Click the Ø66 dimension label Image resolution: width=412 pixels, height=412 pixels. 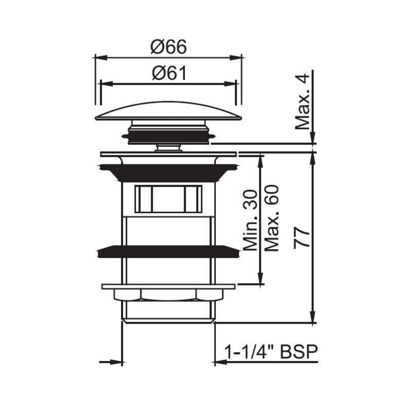click(x=168, y=47)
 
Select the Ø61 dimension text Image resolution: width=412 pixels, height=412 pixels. click(x=168, y=74)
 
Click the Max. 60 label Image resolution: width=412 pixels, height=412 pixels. click(x=272, y=218)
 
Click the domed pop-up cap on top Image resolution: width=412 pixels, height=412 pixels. click(x=168, y=111)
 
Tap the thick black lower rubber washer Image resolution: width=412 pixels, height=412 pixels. click(x=168, y=251)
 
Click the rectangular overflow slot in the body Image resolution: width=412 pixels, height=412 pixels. click(x=168, y=199)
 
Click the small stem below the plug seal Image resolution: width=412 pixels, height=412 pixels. click(x=168, y=148)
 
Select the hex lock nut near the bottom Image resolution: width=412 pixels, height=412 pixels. click(x=168, y=294)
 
